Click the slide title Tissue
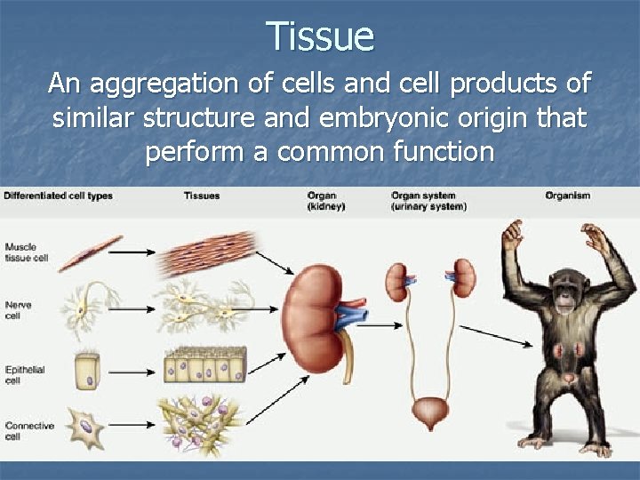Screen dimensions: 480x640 [320, 36]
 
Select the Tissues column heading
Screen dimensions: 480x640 [202, 196]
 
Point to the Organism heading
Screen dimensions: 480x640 [567, 196]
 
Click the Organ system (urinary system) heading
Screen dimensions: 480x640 [423, 201]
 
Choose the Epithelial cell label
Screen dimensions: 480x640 [24, 373]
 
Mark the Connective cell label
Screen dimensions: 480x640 [28, 431]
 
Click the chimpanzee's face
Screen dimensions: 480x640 [565, 294]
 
